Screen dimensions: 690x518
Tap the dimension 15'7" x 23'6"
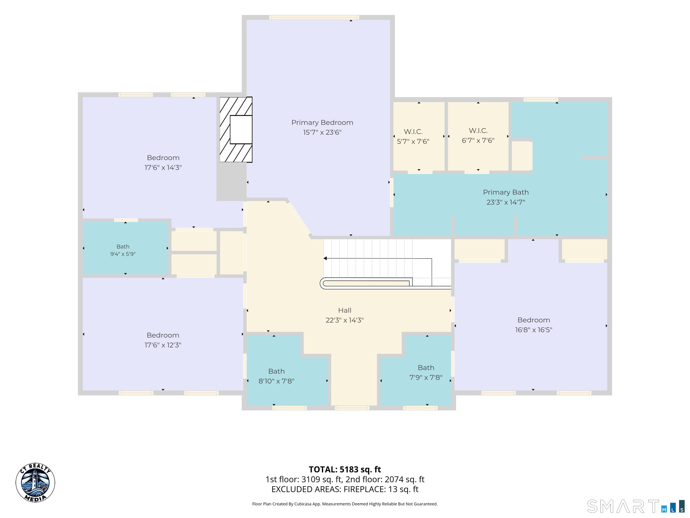pyautogui.click(x=322, y=132)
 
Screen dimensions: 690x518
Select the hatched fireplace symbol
pyautogui.click(x=236, y=129)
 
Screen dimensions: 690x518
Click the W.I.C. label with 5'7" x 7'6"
pyautogui.click(x=413, y=132)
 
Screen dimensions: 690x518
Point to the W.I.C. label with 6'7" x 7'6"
pyautogui.click(x=478, y=131)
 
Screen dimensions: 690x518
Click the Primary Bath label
pyautogui.click(x=506, y=192)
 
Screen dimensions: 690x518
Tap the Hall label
pyautogui.click(x=345, y=310)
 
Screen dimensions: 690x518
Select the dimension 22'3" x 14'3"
pyautogui.click(x=345, y=320)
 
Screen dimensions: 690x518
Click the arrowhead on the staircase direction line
pyautogui.click(x=325, y=258)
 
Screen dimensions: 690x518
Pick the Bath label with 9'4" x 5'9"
pyautogui.click(x=123, y=247)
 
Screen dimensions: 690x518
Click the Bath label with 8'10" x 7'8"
pyautogui.click(x=276, y=371)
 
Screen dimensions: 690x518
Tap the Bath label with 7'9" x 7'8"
pyautogui.click(x=426, y=368)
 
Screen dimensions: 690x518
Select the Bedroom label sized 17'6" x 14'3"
pyautogui.click(x=163, y=158)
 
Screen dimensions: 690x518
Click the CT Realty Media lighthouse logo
pyautogui.click(x=35, y=483)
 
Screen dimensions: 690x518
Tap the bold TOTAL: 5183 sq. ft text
pyautogui.click(x=345, y=470)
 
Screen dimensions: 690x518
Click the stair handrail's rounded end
pyautogui.click(x=323, y=283)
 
